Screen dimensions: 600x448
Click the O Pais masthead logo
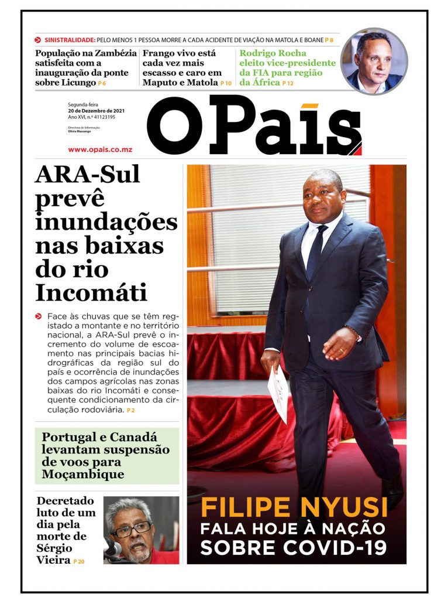[254, 125]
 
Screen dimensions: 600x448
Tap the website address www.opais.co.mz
[100, 149]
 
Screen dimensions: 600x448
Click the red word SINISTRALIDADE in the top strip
[70, 40]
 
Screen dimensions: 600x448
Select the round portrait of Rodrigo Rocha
[374, 61]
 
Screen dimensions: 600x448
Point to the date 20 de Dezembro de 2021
[96, 111]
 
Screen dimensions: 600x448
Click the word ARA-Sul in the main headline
[87, 175]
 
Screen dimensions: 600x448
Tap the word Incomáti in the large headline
[91, 292]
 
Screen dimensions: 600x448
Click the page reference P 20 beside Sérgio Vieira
[79, 562]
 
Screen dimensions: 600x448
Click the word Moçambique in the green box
[83, 474]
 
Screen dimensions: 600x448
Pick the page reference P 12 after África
[288, 84]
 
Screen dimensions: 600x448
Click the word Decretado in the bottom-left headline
[65, 501]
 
